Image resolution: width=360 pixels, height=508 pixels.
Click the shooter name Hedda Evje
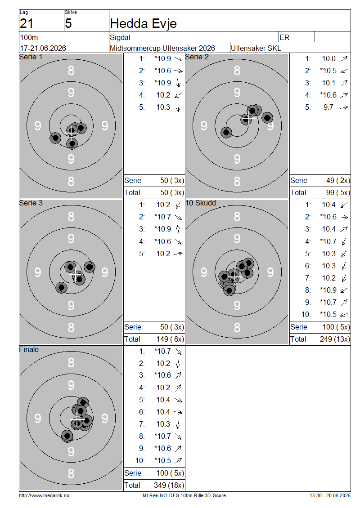(x=143, y=23)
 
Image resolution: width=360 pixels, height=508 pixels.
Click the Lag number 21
(x=27, y=24)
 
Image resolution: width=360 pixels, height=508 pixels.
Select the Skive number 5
(x=68, y=24)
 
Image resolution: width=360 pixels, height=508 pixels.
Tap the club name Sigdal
(x=120, y=37)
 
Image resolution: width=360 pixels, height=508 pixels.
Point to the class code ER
(x=284, y=37)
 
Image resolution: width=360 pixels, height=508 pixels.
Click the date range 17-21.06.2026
(x=43, y=48)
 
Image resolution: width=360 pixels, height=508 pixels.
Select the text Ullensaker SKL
(x=256, y=48)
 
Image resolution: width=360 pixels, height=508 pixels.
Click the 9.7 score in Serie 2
(x=328, y=107)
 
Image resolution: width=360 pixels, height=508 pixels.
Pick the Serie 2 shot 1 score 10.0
(x=328, y=58)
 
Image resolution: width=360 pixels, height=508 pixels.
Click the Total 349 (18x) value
(x=169, y=486)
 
